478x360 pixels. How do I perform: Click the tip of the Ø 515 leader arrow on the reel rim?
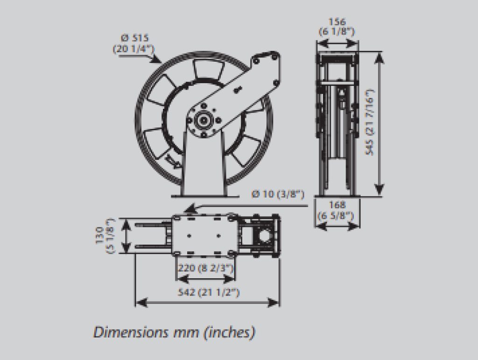click(x=161, y=63)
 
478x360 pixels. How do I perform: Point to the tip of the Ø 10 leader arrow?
click(x=184, y=211)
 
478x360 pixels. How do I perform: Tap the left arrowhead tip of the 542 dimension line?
click(x=136, y=303)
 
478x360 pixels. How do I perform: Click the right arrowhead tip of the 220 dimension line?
click(x=235, y=278)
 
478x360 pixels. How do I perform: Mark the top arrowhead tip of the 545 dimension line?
click(x=379, y=52)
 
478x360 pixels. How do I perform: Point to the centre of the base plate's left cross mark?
click(x=190, y=236)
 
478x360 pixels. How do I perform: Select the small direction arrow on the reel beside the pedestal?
click(x=172, y=161)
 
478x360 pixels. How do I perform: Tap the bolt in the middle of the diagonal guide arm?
click(x=237, y=90)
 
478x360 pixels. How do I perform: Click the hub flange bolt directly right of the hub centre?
click(x=218, y=120)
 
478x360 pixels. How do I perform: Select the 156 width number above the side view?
click(x=337, y=22)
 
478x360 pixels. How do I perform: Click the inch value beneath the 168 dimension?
click(x=336, y=216)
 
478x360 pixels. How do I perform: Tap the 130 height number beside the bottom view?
click(x=100, y=235)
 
